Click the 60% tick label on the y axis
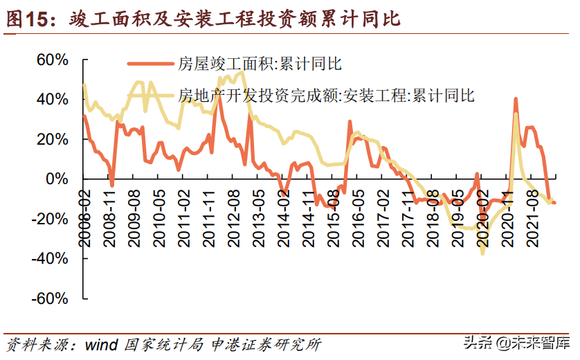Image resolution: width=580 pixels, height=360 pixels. click(52, 60)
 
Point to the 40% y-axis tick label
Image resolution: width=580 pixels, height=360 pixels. click(52, 100)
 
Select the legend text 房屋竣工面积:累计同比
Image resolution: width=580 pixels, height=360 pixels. click(260, 64)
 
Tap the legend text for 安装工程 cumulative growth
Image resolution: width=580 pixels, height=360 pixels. click(326, 95)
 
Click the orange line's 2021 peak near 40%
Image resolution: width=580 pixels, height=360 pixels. click(516, 99)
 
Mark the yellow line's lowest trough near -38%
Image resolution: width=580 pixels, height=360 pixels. click(482, 253)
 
